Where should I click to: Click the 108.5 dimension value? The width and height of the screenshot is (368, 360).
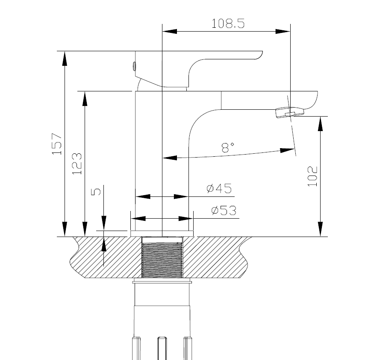point(228,23)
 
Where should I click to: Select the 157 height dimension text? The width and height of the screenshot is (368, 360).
point(57,143)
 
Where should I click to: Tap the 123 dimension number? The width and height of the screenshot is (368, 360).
point(77,164)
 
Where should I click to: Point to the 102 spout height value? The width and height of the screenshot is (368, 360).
point(312,176)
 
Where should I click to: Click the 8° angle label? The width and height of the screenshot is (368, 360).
point(228,148)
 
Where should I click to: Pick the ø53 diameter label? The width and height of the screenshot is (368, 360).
point(224,210)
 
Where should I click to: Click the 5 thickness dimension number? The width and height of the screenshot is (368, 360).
point(97,191)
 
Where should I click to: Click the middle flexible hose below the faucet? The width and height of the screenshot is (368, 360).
point(162,348)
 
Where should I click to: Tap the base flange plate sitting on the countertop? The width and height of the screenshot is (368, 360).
point(162,234)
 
